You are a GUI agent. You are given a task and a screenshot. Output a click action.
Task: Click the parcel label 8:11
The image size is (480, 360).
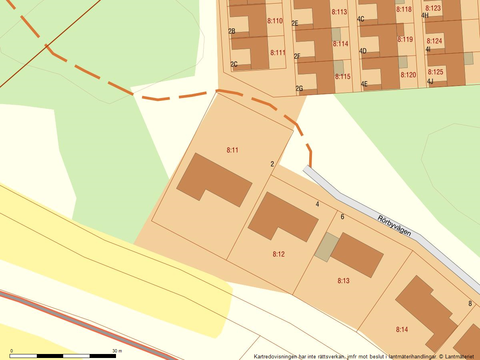click(x=232, y=150)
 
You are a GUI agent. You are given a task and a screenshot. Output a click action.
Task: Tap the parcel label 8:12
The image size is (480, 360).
click(x=279, y=254)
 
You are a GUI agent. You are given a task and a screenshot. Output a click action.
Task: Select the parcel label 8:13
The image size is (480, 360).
click(x=343, y=281)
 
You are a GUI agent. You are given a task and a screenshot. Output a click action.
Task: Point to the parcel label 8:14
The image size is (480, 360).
click(x=402, y=330)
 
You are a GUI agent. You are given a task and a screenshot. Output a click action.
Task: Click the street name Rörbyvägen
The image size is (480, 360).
click(x=394, y=226)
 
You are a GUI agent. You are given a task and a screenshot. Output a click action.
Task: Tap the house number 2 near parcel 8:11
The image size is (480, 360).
click(x=272, y=164)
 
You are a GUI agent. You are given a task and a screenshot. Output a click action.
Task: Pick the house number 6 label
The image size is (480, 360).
click(x=342, y=217)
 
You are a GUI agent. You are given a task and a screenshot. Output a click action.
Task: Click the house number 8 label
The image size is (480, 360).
click(x=470, y=304)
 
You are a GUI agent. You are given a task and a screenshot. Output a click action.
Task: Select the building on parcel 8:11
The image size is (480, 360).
click(x=214, y=180)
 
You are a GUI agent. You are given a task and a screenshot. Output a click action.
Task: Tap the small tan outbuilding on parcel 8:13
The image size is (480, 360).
click(x=326, y=247)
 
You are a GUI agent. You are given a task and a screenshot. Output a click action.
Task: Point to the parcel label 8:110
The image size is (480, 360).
click(x=275, y=21)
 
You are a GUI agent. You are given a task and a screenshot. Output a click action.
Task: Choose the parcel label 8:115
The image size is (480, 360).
click(x=343, y=76)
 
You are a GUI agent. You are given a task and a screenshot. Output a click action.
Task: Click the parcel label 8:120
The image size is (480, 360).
click(x=408, y=75)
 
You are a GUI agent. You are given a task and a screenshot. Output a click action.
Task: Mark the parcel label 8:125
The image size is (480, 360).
click(x=436, y=72)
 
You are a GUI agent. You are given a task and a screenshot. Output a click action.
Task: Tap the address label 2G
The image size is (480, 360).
click(x=299, y=88)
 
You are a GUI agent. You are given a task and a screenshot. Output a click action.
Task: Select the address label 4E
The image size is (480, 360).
click(x=364, y=84)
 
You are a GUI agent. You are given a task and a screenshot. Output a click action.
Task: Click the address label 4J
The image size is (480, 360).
click(x=430, y=81)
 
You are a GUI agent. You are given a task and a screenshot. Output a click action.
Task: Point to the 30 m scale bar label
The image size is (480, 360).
click(x=117, y=351)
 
